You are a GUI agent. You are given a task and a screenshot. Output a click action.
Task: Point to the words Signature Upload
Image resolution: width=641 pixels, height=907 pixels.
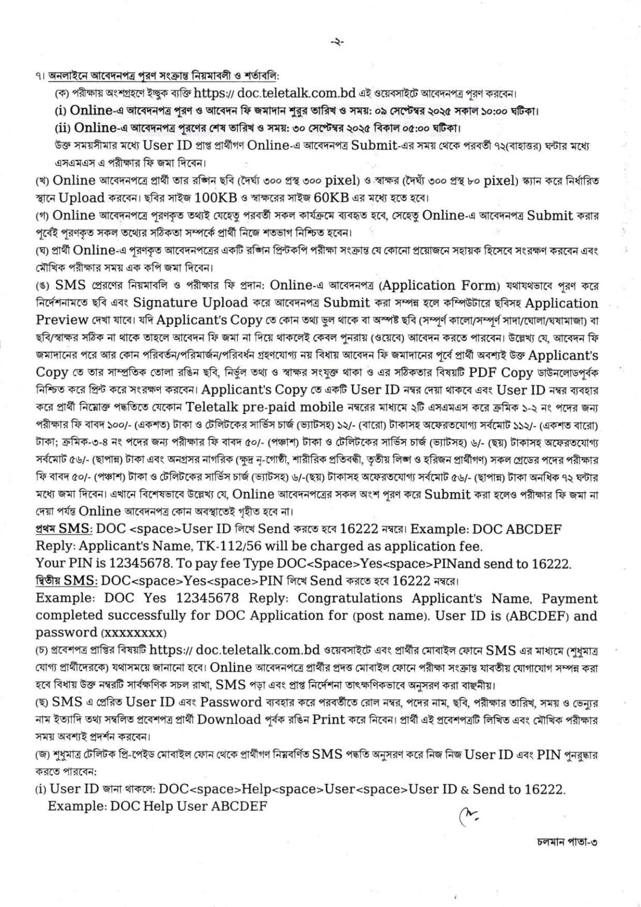click(191, 303)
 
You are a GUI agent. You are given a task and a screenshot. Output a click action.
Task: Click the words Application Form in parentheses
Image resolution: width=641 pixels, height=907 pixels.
click(439, 285)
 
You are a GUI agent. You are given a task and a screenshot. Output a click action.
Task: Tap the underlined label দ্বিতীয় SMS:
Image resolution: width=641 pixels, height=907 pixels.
click(66, 581)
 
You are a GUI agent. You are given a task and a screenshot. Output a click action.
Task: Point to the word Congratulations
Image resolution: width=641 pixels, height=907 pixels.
click(349, 598)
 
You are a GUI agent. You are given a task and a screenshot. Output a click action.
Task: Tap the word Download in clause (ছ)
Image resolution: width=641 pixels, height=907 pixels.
click(229, 719)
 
